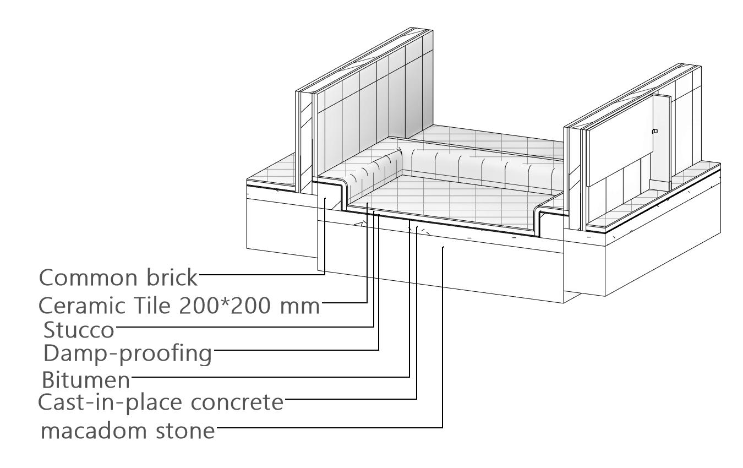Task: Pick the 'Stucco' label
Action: pyautogui.click(x=79, y=331)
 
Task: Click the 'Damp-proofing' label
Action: pyautogui.click(x=127, y=354)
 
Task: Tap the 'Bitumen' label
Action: pyautogui.click(x=86, y=380)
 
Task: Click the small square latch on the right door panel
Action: pyautogui.click(x=654, y=132)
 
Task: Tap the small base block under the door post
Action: pyautogui.click(x=658, y=184)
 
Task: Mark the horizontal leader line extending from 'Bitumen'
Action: pyautogui.click(x=270, y=377)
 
